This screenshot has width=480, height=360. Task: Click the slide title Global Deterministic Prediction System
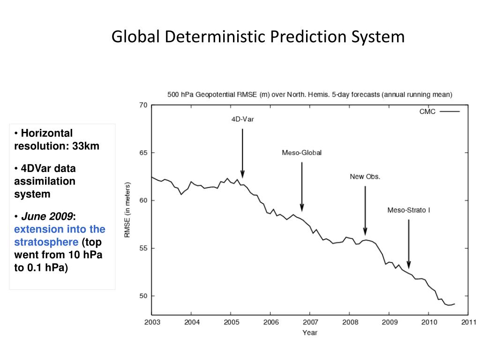point(258,37)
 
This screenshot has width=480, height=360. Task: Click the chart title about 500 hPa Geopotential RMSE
point(310,95)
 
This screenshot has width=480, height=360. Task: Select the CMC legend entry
point(427,112)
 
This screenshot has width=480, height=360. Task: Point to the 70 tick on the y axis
point(143,105)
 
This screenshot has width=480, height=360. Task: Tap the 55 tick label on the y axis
point(143,248)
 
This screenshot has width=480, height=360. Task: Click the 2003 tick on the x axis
point(152,322)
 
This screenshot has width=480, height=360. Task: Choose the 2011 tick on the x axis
point(468,322)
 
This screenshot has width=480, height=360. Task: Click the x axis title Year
point(310,332)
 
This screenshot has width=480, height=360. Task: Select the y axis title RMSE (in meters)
point(127,210)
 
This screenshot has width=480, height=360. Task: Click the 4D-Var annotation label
point(242,119)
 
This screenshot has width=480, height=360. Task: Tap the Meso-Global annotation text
point(301,153)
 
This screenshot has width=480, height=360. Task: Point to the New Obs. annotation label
point(365,177)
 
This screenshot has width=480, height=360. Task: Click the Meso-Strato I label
point(408,210)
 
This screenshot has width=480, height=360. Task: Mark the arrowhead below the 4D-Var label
point(242,174)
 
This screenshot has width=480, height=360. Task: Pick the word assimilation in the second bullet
point(45,181)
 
